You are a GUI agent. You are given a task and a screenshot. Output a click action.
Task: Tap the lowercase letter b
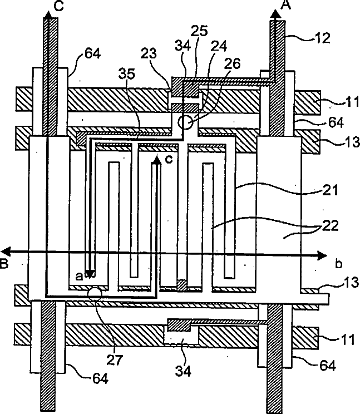pos(338,263)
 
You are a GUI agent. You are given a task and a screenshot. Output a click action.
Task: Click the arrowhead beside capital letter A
pos(275,16)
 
